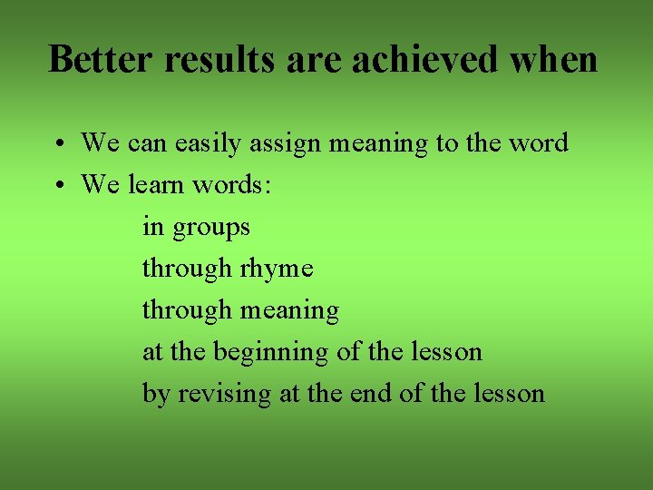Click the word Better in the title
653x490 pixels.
pyautogui.click(x=104, y=60)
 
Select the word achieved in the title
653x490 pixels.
pyautogui.click(x=424, y=60)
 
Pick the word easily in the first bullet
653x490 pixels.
pyautogui.click(x=208, y=143)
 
